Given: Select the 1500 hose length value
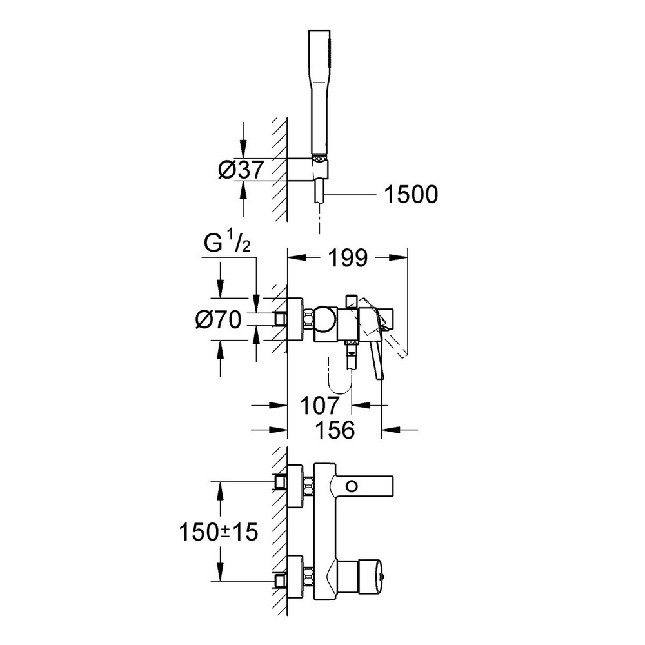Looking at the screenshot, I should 410,193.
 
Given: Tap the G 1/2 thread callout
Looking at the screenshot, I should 230,246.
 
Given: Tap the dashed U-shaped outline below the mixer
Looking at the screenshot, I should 340,383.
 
